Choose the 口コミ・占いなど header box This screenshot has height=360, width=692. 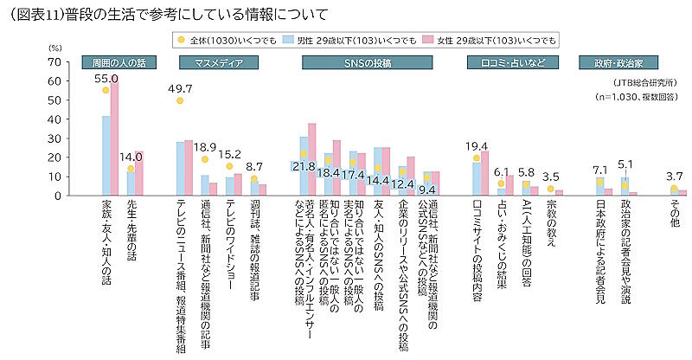point(508,62)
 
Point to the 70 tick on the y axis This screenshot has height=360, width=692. point(54,62)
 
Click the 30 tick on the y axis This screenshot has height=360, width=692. point(54,138)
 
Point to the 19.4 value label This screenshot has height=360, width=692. point(477,146)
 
